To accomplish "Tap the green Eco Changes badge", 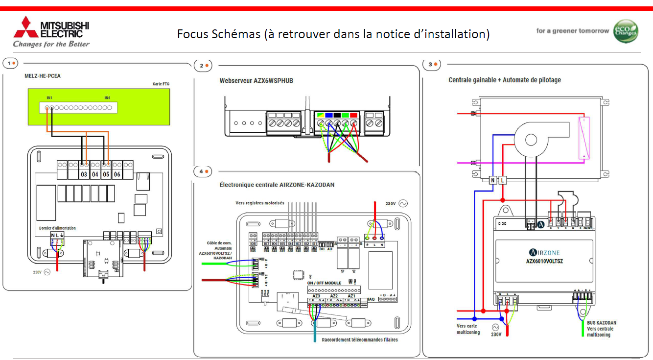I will click(626, 31).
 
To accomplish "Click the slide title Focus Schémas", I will click(333, 34).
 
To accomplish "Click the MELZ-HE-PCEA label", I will click(43, 76).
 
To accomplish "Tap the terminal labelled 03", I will click(84, 174).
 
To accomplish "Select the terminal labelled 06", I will click(117, 174).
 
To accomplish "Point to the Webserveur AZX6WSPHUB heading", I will click(256, 81).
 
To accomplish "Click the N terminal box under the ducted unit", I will click(492, 180).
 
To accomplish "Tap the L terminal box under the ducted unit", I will click(502, 180).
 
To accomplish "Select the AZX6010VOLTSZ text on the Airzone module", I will click(544, 262).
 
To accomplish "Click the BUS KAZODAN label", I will click(602, 323).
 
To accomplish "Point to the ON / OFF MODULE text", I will click(324, 283).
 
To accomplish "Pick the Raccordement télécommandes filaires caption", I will click(360, 340).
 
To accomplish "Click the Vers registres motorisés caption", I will click(259, 203).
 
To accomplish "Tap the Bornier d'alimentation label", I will click(57, 228).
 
